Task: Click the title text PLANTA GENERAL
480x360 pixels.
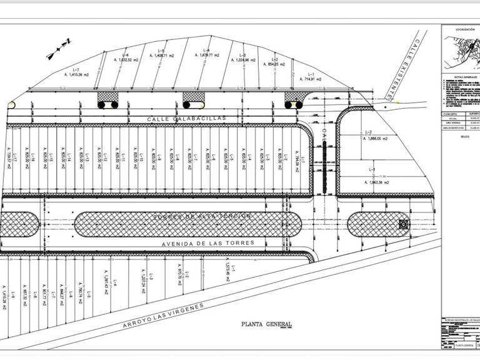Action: [267, 324]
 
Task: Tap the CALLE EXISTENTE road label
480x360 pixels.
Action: [402, 67]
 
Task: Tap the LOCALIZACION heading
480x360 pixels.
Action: [461, 29]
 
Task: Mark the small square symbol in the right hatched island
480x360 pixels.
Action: [403, 222]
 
